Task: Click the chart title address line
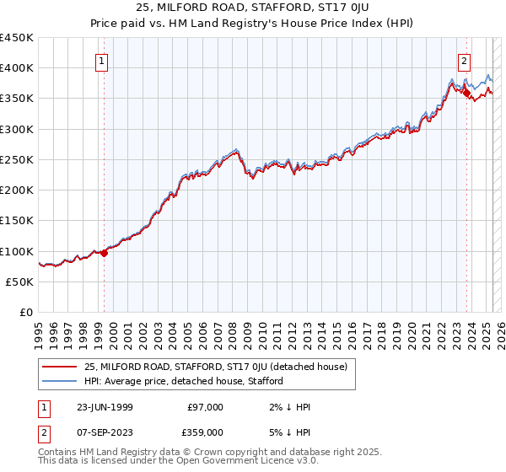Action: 252,8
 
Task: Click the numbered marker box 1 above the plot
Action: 100,60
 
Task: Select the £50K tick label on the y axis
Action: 19,282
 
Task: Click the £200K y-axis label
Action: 17,190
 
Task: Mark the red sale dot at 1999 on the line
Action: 105,253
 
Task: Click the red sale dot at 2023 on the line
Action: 466,92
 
